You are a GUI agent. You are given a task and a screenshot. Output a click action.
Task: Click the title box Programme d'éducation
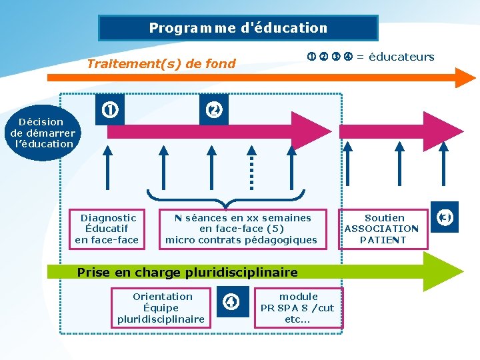pos(238,28)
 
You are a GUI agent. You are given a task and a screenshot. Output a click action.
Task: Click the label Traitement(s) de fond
pos(162,64)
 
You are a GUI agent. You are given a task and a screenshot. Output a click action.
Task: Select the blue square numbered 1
pos(110,109)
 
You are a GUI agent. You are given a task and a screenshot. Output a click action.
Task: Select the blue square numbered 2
pos(214,109)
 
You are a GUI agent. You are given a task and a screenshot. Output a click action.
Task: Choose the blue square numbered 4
pos(231,301)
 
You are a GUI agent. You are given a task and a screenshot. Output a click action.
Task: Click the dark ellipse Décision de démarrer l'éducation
pos(43,133)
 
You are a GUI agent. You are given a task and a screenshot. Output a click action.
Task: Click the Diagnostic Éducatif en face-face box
pos(107,229)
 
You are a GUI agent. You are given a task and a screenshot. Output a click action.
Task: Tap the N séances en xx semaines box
pos(241,229)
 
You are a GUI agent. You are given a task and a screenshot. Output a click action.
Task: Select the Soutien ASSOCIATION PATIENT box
pos(384,229)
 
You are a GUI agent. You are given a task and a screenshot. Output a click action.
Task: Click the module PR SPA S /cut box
pos(297,308)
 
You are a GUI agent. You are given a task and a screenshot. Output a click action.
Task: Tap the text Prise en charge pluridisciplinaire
pos(187,272)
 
